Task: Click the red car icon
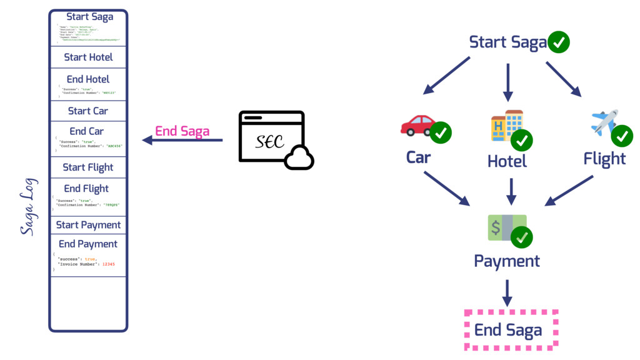[x=417, y=125]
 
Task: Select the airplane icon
[x=604, y=122]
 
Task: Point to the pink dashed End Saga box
[x=511, y=329]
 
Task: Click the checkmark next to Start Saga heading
[x=558, y=42]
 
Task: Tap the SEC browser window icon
[x=272, y=139]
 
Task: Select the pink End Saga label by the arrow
[x=182, y=131]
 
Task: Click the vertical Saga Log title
[x=27, y=207]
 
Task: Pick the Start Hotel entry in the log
[x=88, y=57]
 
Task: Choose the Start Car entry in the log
[x=88, y=111]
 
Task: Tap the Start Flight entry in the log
[x=88, y=167]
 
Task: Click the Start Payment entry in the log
[x=88, y=225]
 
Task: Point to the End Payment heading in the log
[x=88, y=244]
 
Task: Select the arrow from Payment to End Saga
[x=507, y=292]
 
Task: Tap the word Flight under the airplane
[x=604, y=159]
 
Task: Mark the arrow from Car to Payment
[x=446, y=188]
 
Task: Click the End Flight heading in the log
[x=86, y=188]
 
